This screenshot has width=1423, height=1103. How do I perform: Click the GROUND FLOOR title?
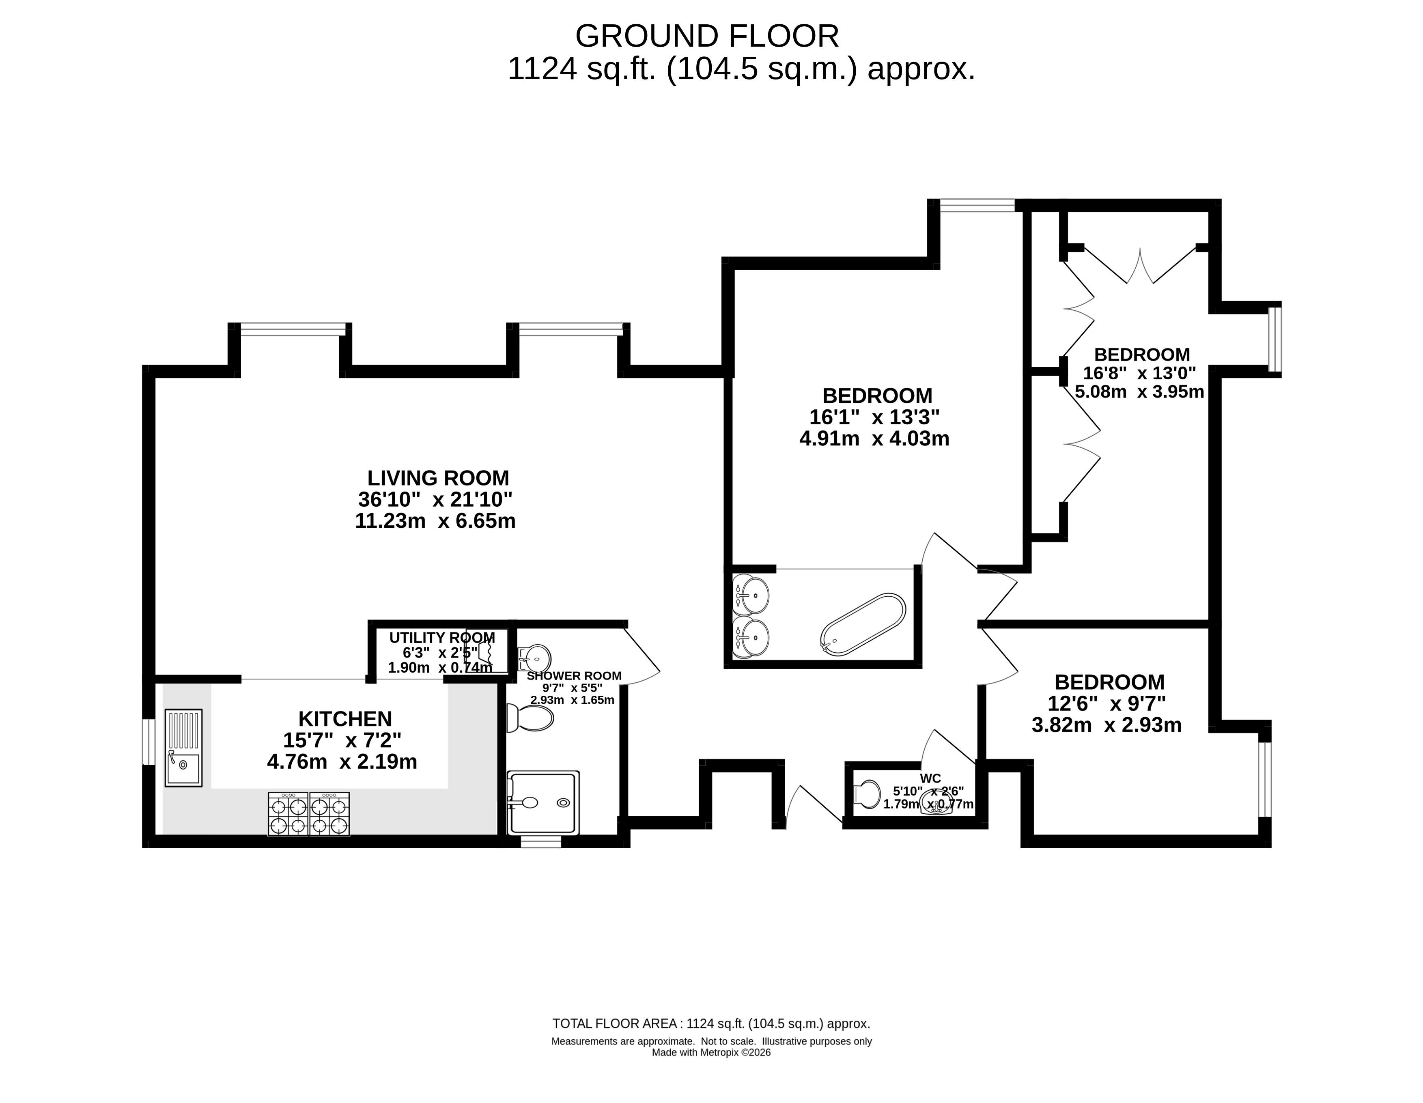point(707,37)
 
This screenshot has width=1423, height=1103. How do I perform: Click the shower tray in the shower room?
point(543,803)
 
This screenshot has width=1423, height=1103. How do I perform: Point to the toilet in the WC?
point(867,793)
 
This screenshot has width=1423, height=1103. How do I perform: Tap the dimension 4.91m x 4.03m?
point(874,439)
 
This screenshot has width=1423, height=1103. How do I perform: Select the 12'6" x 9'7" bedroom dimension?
point(1107,704)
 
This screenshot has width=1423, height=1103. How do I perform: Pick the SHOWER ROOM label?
point(574,676)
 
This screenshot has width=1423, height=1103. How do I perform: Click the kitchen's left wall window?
point(149,742)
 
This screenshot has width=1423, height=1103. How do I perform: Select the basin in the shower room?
point(534,657)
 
